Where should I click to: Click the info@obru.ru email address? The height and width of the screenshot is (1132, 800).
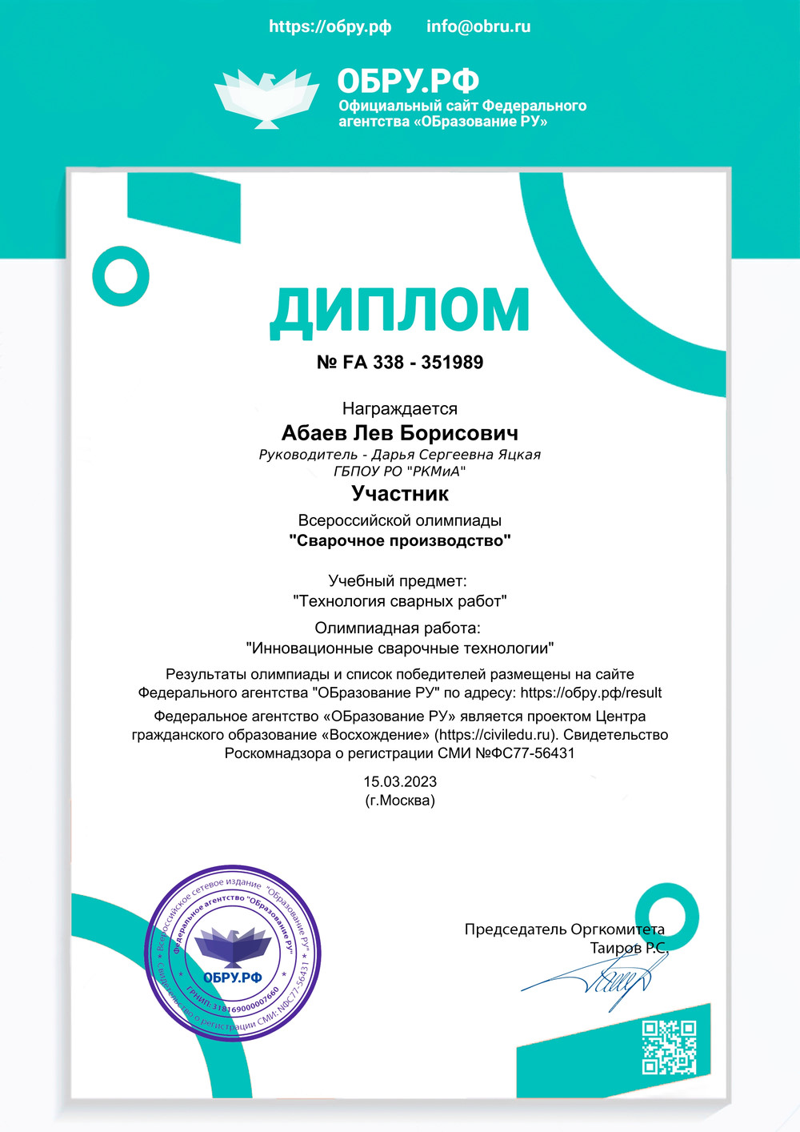[478, 26]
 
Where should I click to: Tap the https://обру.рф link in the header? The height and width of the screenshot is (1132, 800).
[330, 26]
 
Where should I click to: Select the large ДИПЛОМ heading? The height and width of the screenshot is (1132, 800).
[399, 311]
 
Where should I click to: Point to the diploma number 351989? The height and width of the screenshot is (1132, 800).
[452, 363]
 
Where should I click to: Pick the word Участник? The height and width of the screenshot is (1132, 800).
[400, 493]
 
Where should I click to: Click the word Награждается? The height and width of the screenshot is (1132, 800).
[400, 409]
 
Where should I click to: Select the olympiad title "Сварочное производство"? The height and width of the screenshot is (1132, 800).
[400, 540]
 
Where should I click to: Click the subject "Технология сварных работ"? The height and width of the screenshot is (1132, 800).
[400, 600]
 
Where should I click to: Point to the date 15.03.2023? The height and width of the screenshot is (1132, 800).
[400, 781]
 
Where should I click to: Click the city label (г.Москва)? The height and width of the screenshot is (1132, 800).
[400, 801]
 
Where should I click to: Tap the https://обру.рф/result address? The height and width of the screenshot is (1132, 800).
[591, 692]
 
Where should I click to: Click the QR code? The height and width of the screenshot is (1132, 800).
[670, 1046]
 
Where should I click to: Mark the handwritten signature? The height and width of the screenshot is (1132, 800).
[608, 977]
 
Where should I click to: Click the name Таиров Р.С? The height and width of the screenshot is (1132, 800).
[628, 948]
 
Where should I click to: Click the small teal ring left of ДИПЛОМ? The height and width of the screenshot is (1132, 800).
[121, 276]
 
